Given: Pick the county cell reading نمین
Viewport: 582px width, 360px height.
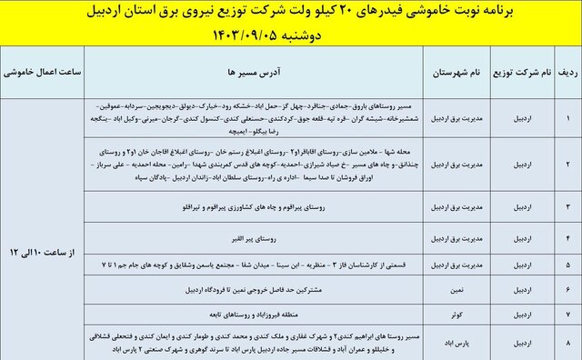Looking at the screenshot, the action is [x=458, y=288].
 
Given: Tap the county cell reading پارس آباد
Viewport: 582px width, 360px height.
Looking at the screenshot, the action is [x=458, y=343].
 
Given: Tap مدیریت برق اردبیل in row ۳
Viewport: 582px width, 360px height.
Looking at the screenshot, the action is [x=458, y=208].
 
